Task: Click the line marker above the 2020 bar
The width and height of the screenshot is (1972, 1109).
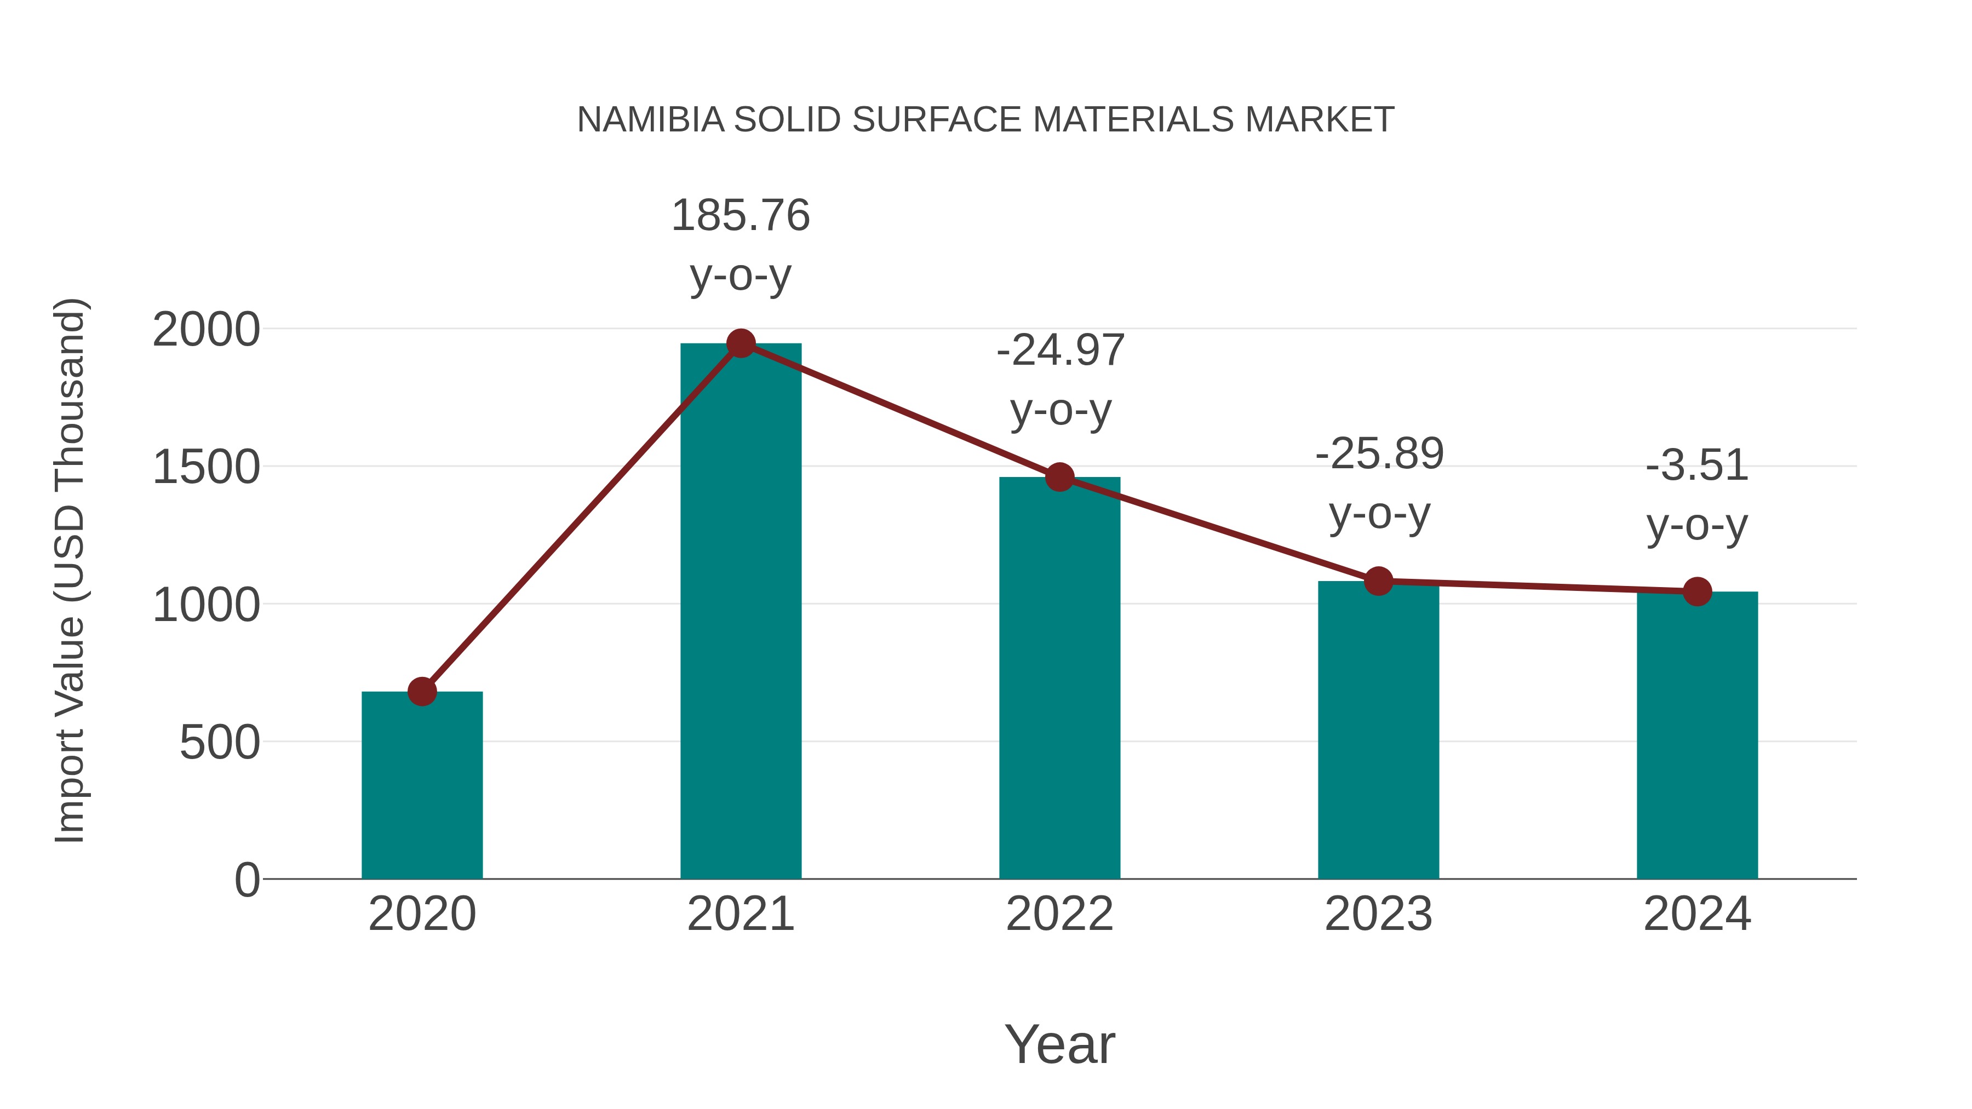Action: (x=422, y=691)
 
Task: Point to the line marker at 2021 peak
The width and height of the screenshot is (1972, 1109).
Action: (x=740, y=343)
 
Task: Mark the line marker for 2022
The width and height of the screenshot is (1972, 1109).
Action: (x=1059, y=477)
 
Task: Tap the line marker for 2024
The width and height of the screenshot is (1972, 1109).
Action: (x=1697, y=591)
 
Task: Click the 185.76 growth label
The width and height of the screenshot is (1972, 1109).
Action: (x=740, y=215)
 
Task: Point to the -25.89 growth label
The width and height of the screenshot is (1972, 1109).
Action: (x=1379, y=454)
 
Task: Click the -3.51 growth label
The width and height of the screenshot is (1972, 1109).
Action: (x=1697, y=466)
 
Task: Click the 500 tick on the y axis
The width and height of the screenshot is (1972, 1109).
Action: (x=220, y=743)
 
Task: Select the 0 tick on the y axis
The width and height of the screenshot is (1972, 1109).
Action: (x=247, y=880)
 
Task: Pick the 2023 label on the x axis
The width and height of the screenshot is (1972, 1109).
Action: (x=1378, y=914)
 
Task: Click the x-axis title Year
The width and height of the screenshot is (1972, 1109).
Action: (x=1059, y=1044)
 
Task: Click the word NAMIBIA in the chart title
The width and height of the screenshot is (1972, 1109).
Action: (x=650, y=120)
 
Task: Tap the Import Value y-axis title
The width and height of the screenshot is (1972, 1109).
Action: (x=70, y=570)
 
